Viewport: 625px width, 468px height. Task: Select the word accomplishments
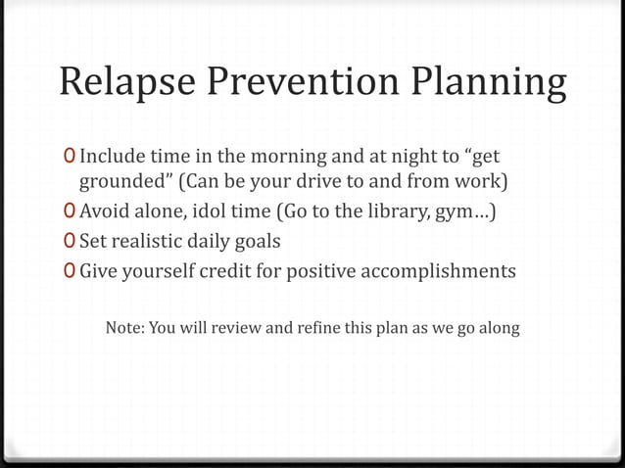click(437, 271)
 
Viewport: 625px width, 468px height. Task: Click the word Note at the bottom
click(124, 327)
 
